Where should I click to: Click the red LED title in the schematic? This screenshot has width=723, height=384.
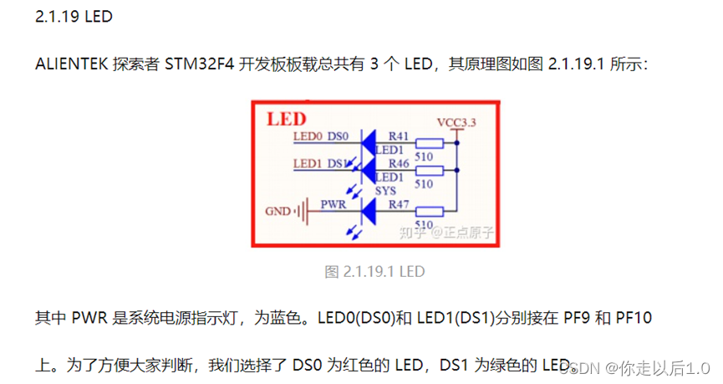click(286, 119)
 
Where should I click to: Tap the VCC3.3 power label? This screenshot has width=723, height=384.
click(456, 123)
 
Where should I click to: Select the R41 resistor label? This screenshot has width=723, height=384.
click(399, 136)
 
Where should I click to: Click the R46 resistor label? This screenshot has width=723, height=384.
click(399, 163)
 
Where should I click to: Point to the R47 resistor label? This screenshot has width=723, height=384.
click(399, 202)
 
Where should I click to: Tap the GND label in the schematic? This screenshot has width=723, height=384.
click(279, 211)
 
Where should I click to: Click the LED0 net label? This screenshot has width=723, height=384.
click(308, 136)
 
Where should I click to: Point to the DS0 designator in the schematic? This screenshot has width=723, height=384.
click(337, 136)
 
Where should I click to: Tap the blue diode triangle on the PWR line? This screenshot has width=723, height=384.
click(367, 211)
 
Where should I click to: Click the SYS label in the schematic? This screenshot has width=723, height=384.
click(385, 191)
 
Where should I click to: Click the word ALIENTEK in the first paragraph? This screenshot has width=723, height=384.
click(72, 64)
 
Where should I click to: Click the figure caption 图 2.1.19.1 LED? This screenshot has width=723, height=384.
click(374, 271)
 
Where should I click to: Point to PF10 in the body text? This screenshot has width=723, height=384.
click(634, 318)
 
